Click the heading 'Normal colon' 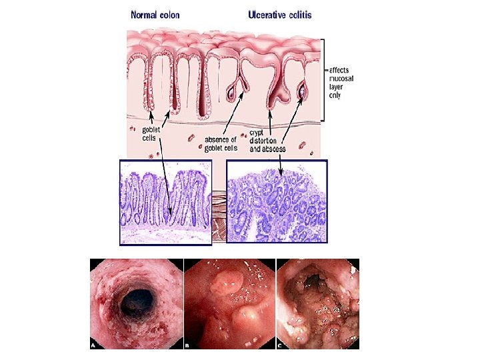[x=155, y=14]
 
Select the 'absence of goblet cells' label [x=221, y=144]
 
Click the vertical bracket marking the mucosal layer [x=323, y=80]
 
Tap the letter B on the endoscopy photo [x=187, y=345]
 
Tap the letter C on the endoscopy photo [x=279, y=345]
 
